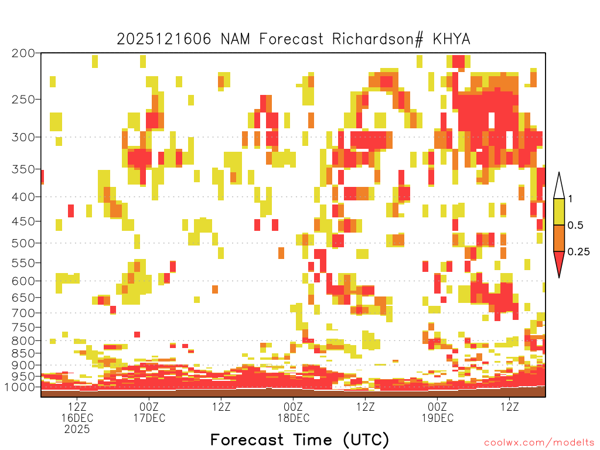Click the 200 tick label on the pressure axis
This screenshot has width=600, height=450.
tap(23, 53)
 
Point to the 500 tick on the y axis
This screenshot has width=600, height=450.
tap(23, 243)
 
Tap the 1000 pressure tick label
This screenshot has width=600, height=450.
tap(21, 387)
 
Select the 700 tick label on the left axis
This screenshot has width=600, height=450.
tap(23, 312)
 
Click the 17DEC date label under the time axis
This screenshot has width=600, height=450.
tap(149, 418)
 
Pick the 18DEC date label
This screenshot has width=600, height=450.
tap(293, 418)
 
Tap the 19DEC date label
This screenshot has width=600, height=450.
tap(437, 418)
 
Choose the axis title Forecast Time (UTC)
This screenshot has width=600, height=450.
tap(299, 439)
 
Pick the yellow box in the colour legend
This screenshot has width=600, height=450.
tap(559, 212)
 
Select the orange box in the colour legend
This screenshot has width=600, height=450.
tap(559, 238)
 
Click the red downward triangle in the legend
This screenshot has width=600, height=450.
tap(559, 262)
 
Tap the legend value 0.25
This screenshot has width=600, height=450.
tap(578, 252)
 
